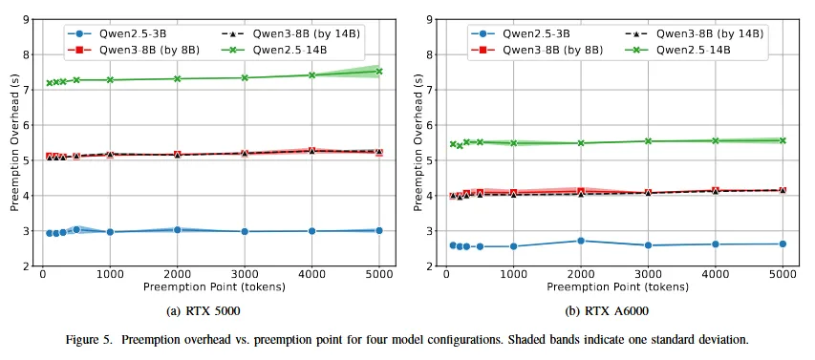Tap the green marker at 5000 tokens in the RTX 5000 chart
point(379,72)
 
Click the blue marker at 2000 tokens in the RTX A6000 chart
point(581,241)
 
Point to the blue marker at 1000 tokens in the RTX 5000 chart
point(110,232)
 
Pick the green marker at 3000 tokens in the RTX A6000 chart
point(648,140)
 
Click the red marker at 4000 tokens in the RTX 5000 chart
point(311,151)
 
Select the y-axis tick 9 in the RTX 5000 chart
point(26,20)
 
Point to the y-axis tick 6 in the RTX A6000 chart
point(429,125)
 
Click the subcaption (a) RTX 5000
point(204,311)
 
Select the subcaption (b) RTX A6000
point(607,311)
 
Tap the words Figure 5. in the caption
point(84,341)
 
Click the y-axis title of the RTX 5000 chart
point(14,143)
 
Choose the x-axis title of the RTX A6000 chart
point(617,286)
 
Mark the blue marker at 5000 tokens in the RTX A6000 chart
point(783,244)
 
